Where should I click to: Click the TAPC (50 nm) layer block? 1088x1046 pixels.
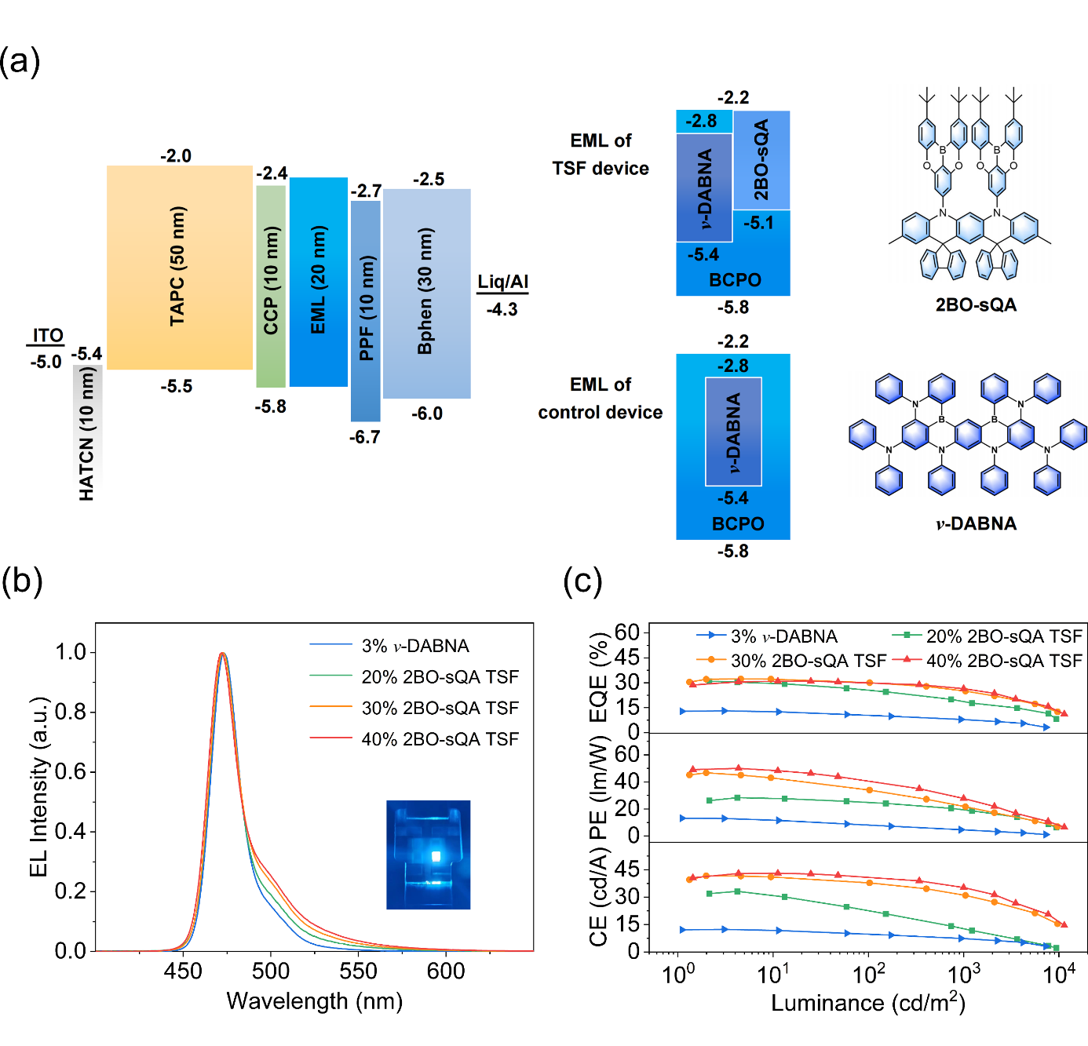(x=179, y=267)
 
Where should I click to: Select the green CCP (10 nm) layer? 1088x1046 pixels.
(x=271, y=286)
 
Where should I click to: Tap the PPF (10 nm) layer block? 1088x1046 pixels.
(x=366, y=311)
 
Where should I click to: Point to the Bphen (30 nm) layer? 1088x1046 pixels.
(x=426, y=293)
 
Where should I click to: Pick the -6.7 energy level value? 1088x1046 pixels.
(x=364, y=437)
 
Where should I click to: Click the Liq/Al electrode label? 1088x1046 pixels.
(x=502, y=282)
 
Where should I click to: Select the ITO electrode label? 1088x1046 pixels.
(x=47, y=336)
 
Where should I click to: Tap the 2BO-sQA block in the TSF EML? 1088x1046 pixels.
(x=761, y=160)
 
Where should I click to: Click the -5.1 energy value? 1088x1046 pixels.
(x=758, y=223)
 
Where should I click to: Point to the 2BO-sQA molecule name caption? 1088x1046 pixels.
(x=975, y=304)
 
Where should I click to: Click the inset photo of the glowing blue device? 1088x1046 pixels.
(x=428, y=855)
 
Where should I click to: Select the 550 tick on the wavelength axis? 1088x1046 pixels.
(x=358, y=971)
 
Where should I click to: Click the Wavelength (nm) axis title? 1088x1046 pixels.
(x=314, y=1001)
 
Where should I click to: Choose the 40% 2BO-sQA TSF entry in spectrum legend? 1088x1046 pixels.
(x=440, y=739)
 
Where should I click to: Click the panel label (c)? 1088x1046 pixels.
(x=582, y=581)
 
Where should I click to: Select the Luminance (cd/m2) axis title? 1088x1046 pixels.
(x=867, y=1003)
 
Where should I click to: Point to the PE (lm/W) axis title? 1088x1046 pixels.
(x=599, y=787)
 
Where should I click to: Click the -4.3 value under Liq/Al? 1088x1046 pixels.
(x=502, y=309)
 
